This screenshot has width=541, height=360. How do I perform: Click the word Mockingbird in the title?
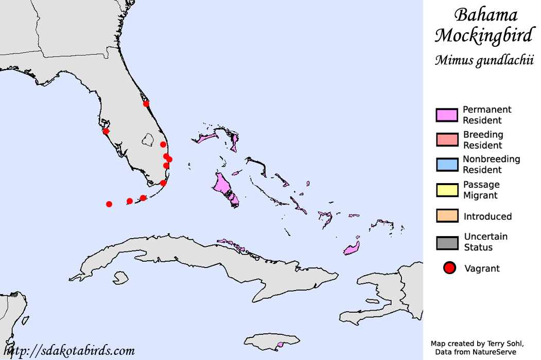pyautogui.click(x=483, y=35)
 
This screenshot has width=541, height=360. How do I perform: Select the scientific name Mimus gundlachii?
pyautogui.click(x=483, y=60)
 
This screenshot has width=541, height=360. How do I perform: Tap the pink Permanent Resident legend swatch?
pyautogui.click(x=447, y=115)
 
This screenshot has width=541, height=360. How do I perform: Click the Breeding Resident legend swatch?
pyautogui.click(x=447, y=140)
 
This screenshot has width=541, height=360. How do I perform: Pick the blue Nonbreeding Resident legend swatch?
pyautogui.click(x=447, y=165)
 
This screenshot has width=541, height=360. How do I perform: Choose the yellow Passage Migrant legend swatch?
pyautogui.click(x=447, y=190)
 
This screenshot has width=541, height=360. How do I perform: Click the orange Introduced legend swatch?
pyautogui.click(x=447, y=216)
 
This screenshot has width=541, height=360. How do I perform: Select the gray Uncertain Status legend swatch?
pyautogui.click(x=447, y=242)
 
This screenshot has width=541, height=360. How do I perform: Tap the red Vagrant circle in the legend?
pyautogui.click(x=450, y=268)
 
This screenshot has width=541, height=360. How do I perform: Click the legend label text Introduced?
pyautogui.click(x=487, y=217)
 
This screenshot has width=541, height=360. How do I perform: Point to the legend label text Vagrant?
pyautogui.click(x=482, y=268)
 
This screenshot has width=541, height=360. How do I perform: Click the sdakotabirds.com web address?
pyautogui.click(x=72, y=351)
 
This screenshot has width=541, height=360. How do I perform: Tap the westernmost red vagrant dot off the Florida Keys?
pyautogui.click(x=109, y=204)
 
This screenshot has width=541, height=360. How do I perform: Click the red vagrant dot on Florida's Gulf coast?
pyautogui.click(x=106, y=131)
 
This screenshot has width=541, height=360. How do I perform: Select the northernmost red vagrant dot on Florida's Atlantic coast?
pyautogui.click(x=146, y=103)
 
